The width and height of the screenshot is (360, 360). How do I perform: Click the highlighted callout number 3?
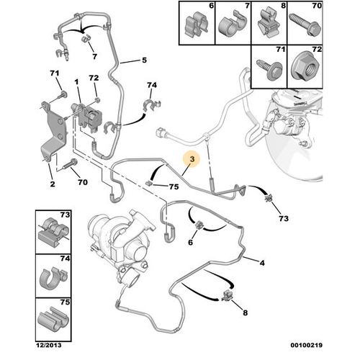point(192,158)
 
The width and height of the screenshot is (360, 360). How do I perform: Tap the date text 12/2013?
point(49,345)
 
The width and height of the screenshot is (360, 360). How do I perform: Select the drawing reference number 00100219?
point(307,345)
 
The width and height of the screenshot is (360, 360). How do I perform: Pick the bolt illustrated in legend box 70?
point(305,24)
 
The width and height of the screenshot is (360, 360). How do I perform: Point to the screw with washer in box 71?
point(270,69)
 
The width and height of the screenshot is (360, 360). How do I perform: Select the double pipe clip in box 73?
point(53,232)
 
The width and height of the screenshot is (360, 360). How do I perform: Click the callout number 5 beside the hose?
point(144,60)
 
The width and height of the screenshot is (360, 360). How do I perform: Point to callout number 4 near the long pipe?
point(262,263)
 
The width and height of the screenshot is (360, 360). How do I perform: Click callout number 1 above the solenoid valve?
point(76,82)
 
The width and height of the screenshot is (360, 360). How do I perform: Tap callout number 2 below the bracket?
point(53,184)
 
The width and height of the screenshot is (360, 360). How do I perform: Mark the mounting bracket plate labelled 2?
point(54,132)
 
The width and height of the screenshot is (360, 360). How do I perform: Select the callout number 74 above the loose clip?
point(152,85)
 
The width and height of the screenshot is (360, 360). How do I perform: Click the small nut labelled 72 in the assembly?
point(97,99)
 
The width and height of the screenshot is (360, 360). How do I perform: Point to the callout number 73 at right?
point(284,218)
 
